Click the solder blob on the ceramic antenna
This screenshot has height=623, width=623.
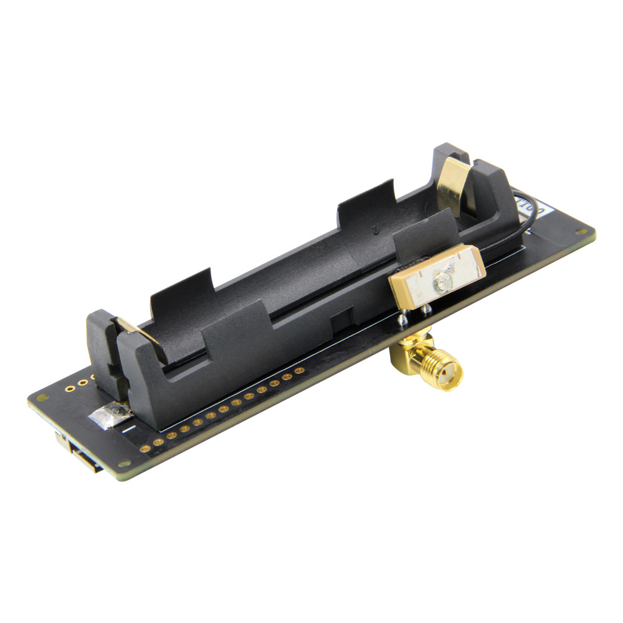coord(444,282)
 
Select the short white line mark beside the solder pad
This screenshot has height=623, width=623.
coord(127,429)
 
